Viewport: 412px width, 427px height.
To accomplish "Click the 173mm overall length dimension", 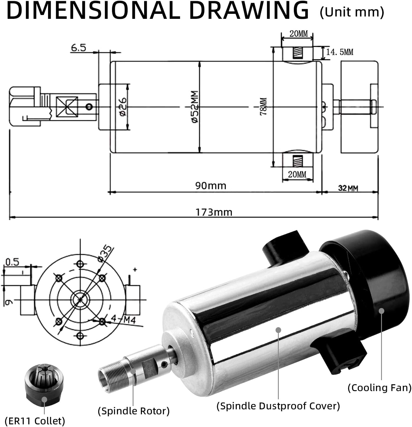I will click(214, 212).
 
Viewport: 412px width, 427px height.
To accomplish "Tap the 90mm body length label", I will click(211, 186).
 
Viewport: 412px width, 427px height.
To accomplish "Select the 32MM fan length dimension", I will click(348, 188).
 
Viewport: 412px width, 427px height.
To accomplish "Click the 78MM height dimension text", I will click(263, 107).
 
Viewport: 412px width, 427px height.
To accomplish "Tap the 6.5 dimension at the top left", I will click(78, 47).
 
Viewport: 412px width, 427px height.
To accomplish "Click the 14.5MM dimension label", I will click(340, 52).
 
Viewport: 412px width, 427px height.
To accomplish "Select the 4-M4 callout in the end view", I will click(123, 319).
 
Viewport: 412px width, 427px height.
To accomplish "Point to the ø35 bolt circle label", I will click(106, 253).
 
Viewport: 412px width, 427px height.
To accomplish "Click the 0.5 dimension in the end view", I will click(12, 262).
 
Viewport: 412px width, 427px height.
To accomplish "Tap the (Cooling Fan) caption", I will click(379, 388).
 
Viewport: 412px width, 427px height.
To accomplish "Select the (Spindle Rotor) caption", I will click(134, 411).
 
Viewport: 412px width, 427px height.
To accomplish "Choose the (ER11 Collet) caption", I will click(35, 421).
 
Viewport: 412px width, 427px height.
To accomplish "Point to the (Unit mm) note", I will click(352, 12).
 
